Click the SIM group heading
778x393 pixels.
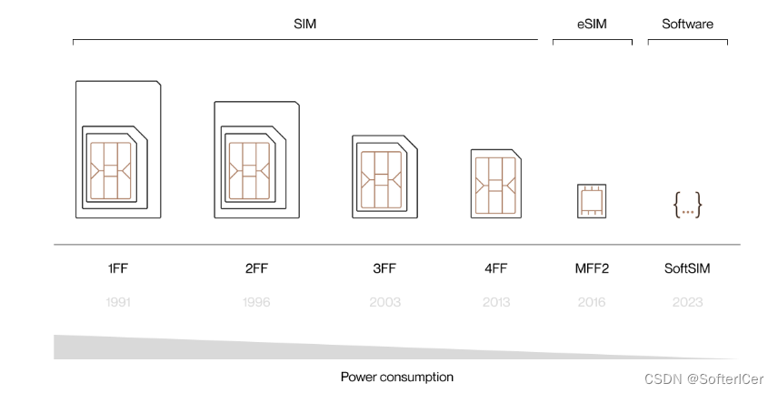click(304, 25)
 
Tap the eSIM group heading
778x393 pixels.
click(592, 25)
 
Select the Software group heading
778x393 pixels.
click(687, 25)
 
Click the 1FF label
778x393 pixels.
click(117, 269)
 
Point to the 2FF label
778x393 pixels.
click(255, 269)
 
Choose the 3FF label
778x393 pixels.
click(384, 269)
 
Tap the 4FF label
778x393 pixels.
click(496, 269)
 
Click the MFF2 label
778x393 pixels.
click(592, 269)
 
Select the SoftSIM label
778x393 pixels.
click(687, 269)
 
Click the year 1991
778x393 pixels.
click(117, 302)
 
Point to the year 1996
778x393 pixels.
click(255, 302)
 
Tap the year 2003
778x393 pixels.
click(384, 302)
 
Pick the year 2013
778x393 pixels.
click(496, 302)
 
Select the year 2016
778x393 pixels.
click(592, 302)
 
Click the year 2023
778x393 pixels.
click(687, 302)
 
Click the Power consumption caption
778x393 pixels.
click(396, 377)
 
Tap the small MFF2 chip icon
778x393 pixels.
click(592, 200)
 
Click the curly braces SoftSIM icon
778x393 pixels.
click(687, 206)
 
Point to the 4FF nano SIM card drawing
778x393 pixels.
click(496, 183)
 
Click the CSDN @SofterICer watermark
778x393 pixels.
click(704, 379)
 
